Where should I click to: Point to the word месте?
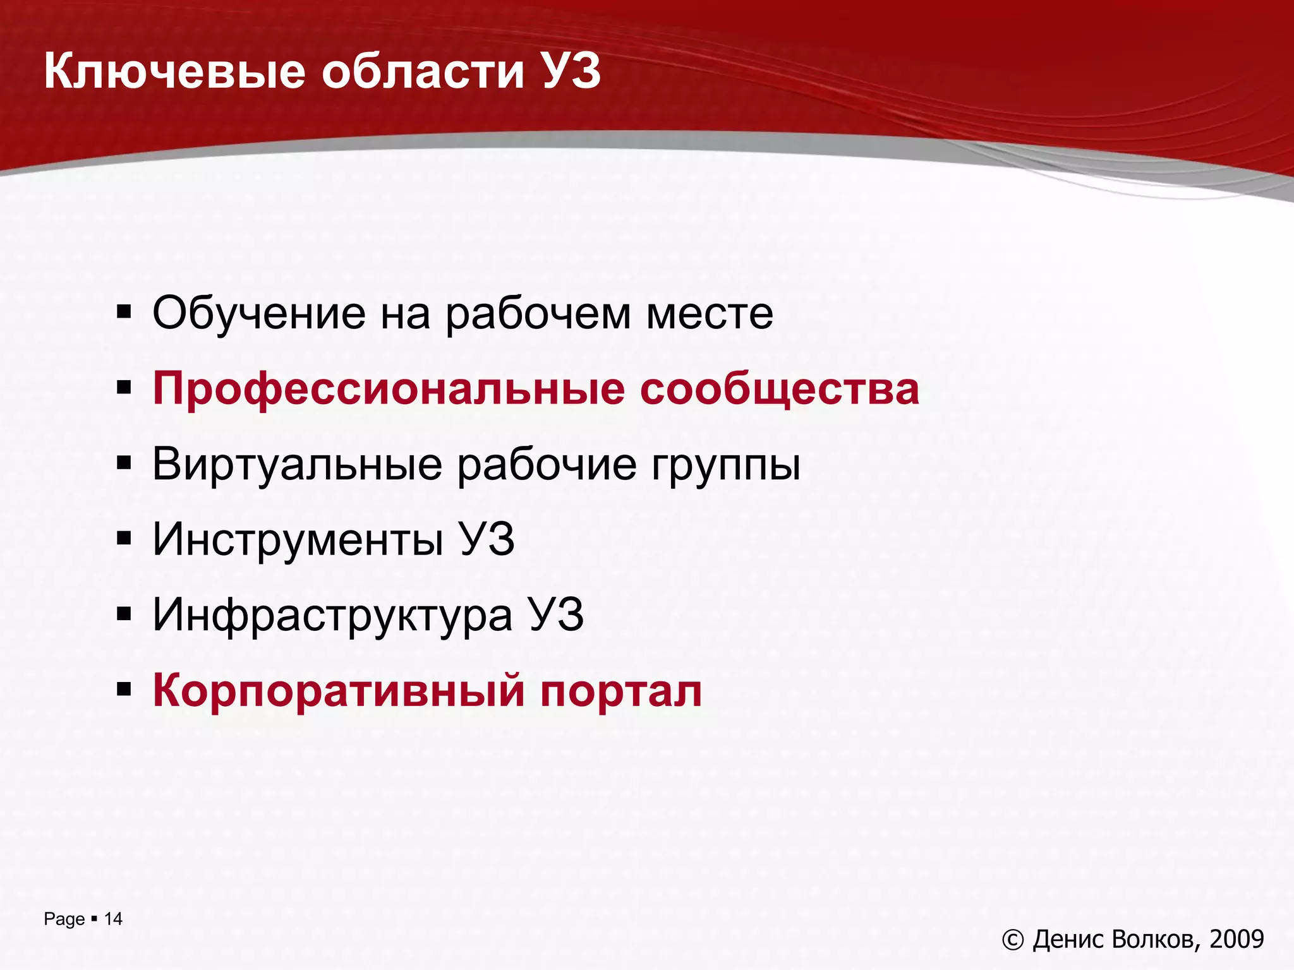[x=709, y=314]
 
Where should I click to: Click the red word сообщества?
[x=779, y=390]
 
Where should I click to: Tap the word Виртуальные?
[x=297, y=464]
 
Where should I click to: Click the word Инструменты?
[x=298, y=541]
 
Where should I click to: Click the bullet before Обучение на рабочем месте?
[x=124, y=312]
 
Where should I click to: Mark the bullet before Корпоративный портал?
[x=124, y=689]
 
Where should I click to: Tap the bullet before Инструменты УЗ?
[x=124, y=538]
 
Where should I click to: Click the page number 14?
[x=113, y=919]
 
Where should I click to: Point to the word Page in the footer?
[x=64, y=919]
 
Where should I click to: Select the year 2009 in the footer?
[x=1237, y=939]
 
